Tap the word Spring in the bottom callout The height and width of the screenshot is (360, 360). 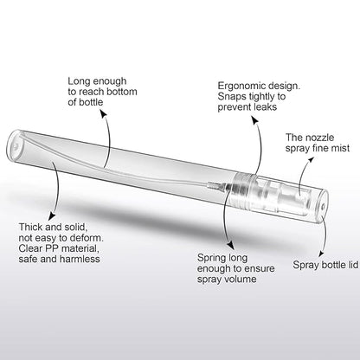click(211, 259)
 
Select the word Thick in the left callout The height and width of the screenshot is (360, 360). click(30, 227)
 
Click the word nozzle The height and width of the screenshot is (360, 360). click(319, 138)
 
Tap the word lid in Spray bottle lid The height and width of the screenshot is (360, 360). click(352, 265)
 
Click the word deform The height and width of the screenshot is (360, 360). click(87, 238)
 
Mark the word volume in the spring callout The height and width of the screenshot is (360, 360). click(241, 279)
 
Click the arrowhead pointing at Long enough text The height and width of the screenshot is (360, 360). click(104, 114)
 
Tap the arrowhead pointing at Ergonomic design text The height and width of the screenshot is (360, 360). click(254, 119)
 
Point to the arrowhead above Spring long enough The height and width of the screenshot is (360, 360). click(231, 245)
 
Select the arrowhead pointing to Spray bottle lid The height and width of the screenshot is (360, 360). click(321, 254)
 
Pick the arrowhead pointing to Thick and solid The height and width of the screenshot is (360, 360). click(51, 216)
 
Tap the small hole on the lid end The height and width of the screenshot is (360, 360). click(324, 206)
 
